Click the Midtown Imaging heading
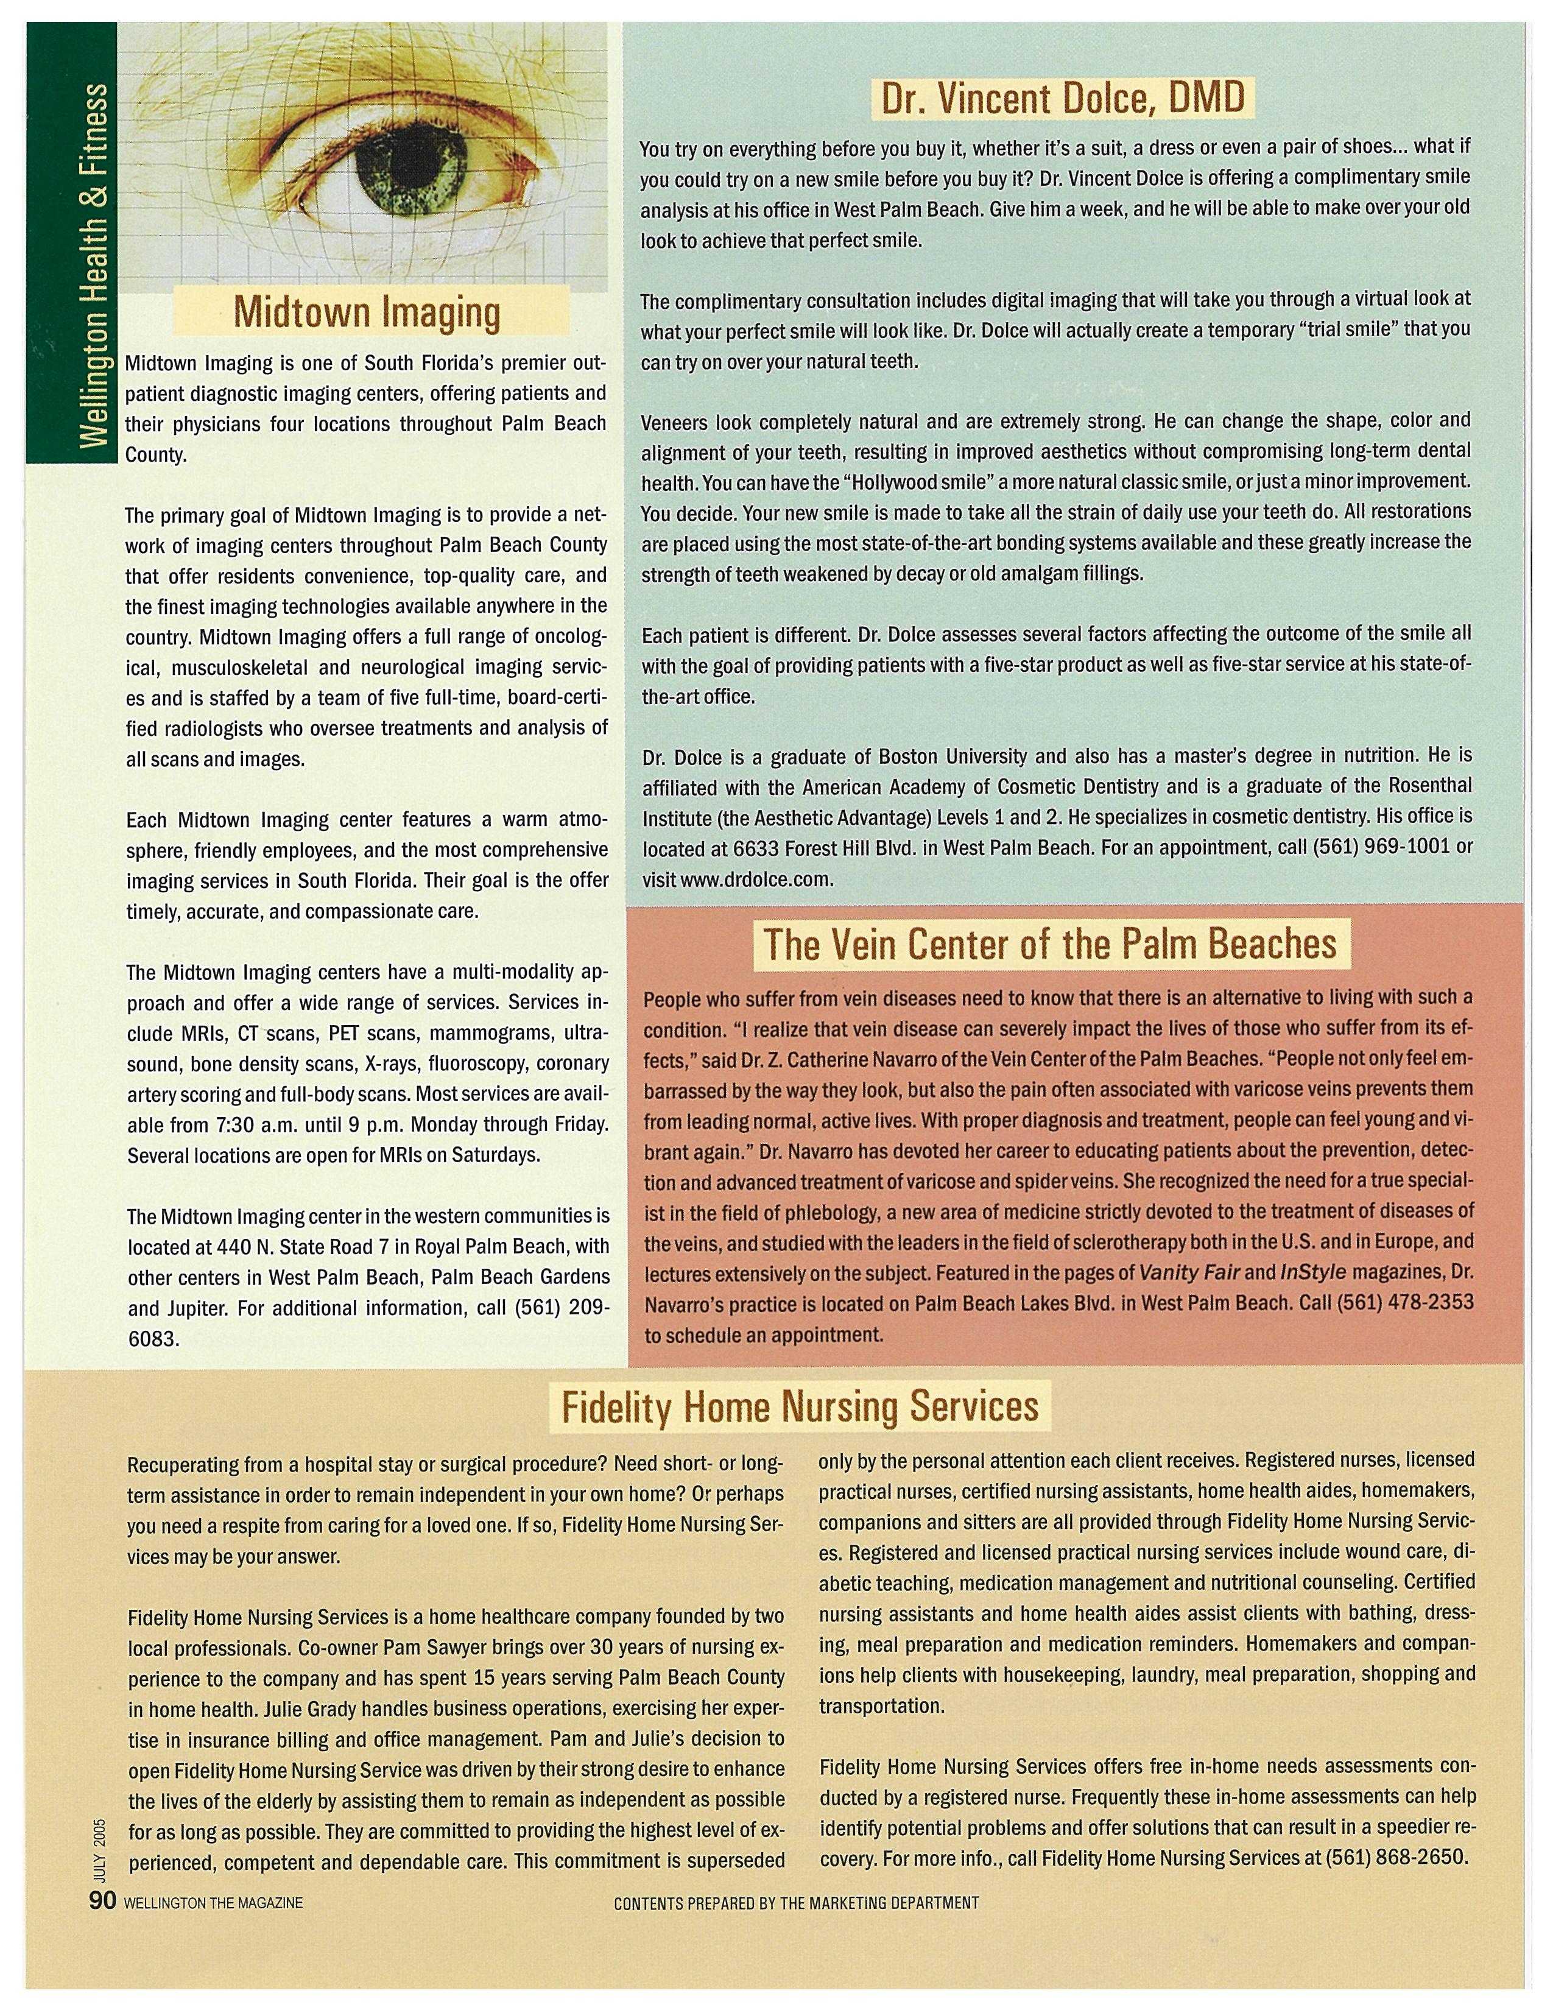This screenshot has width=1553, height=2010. (367, 312)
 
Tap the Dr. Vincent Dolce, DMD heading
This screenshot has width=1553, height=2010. (1063, 97)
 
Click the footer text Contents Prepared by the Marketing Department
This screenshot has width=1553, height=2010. (796, 1903)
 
